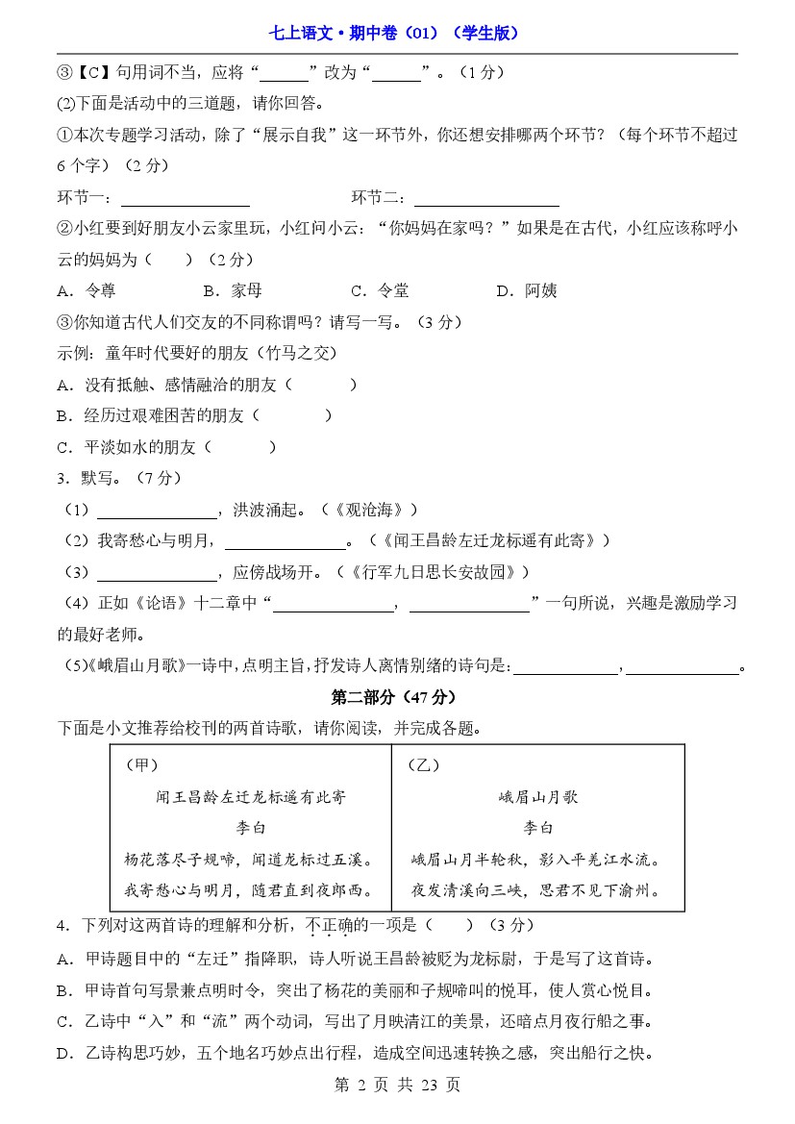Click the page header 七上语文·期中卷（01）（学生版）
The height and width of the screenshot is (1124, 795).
click(x=397, y=33)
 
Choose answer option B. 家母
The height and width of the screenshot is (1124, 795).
click(x=233, y=290)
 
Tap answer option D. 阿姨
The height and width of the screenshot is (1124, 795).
click(x=527, y=290)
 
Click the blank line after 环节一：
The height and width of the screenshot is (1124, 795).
click(x=186, y=200)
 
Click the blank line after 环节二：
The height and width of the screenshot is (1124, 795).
click(x=486, y=200)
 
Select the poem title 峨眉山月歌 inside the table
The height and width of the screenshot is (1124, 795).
click(x=538, y=797)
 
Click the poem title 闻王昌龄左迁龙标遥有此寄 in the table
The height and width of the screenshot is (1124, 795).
click(x=251, y=797)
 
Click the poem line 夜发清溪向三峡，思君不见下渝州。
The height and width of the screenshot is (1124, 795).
click(x=536, y=890)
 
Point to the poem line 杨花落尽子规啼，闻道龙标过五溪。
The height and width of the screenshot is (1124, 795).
click(x=250, y=860)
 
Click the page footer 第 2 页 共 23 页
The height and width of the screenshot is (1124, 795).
click(x=397, y=1085)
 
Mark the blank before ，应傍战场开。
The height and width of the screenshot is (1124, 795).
click(x=158, y=574)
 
